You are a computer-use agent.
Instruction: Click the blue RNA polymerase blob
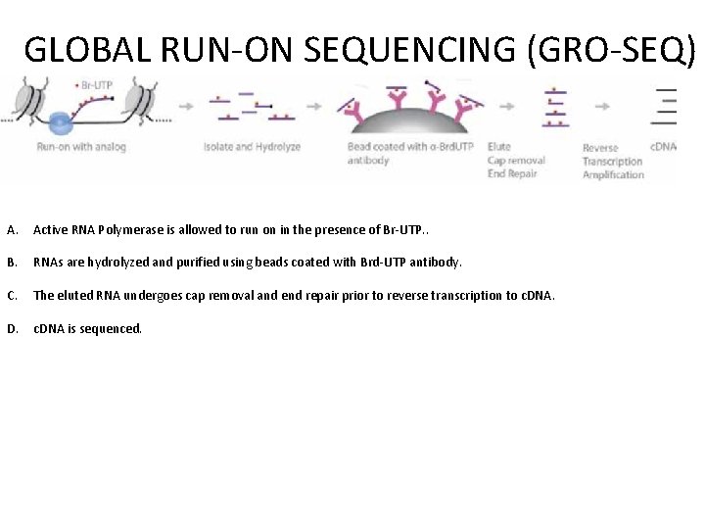pos(61,122)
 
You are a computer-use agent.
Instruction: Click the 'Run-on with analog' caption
pos(81,147)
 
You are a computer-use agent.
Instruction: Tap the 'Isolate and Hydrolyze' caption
pos(252,147)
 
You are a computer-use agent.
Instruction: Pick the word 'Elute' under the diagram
pos(499,147)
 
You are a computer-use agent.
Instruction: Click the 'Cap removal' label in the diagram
pos(516,161)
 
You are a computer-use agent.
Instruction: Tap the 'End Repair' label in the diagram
pos(513,174)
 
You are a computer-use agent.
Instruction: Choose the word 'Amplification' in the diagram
pos(613,174)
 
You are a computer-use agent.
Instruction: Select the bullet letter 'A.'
pos(13,230)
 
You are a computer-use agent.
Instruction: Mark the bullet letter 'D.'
pos(13,328)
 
